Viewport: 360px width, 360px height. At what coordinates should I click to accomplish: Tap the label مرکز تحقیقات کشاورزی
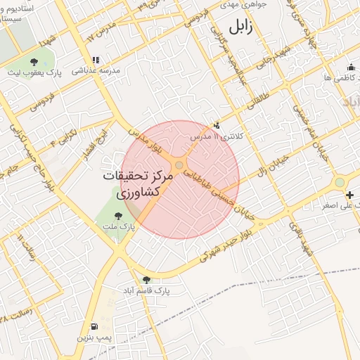click(134, 184)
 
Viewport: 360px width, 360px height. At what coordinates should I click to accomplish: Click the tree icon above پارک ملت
click(117, 217)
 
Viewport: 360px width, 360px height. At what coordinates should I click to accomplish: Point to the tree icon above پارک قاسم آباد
click(146, 279)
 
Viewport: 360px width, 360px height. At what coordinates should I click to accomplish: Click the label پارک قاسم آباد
click(147, 290)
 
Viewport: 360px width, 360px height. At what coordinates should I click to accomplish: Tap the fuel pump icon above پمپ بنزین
click(94, 327)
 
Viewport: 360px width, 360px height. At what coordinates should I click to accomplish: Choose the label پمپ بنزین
click(94, 338)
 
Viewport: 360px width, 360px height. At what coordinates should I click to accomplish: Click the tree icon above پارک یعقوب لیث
click(34, 61)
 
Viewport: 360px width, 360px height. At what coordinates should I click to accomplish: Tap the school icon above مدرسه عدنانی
click(96, 60)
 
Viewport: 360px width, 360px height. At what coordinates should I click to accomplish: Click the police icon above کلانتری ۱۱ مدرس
click(217, 125)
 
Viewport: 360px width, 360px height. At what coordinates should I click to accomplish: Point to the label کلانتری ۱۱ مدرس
click(219, 136)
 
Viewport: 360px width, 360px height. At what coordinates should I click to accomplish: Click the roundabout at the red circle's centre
click(180, 165)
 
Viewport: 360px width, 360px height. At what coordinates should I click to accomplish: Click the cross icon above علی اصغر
click(350, 194)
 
